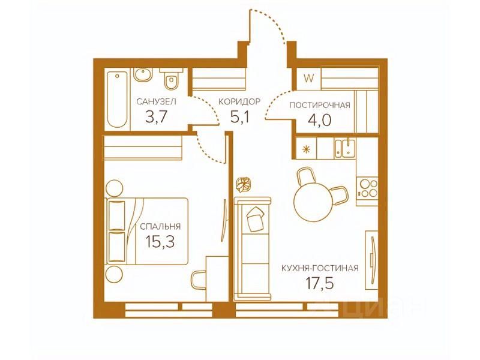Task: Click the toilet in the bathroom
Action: (x=171, y=79)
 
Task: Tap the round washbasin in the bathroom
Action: (x=143, y=74)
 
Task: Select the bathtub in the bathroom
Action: (x=116, y=100)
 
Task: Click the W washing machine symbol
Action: (x=309, y=79)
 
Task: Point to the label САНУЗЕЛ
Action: (x=156, y=101)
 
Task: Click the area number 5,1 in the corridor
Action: (x=240, y=117)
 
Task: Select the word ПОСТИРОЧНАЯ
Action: (x=320, y=106)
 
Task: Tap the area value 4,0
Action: (x=320, y=121)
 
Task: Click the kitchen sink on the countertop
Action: (x=345, y=148)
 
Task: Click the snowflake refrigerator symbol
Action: (x=306, y=149)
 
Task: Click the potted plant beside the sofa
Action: (x=244, y=185)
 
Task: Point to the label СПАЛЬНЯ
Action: (x=160, y=227)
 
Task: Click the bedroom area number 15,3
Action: (x=160, y=242)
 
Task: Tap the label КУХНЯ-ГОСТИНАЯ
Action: (x=320, y=268)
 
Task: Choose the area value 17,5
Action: (x=320, y=283)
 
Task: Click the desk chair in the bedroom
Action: (x=199, y=280)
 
